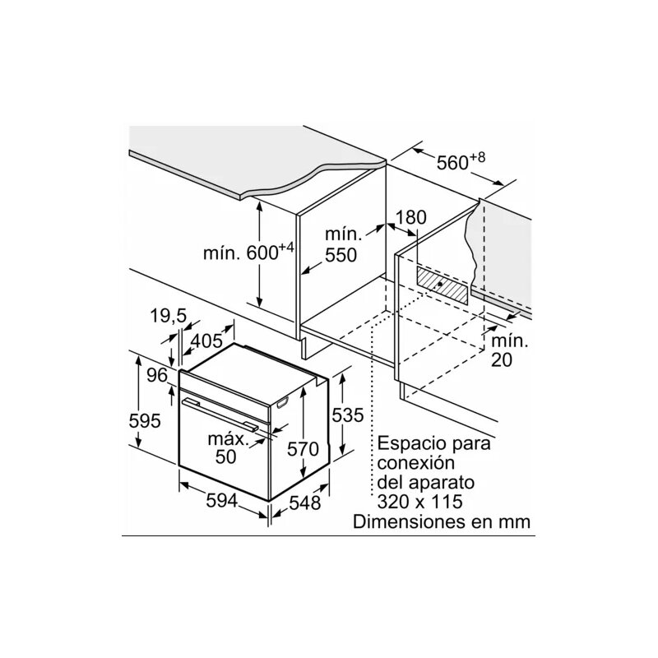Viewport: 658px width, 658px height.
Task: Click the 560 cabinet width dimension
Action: pyautogui.click(x=461, y=161)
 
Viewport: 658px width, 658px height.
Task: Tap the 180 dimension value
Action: pyautogui.click(x=410, y=217)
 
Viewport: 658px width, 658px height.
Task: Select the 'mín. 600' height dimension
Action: pyautogui.click(x=248, y=253)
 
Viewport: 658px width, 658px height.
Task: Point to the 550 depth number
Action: pyautogui.click(x=341, y=255)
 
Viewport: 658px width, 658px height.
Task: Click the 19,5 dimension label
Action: pyautogui.click(x=168, y=316)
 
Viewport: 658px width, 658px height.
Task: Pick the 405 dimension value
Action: pyautogui.click(x=207, y=341)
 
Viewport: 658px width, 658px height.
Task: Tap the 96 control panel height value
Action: pyautogui.click(x=157, y=375)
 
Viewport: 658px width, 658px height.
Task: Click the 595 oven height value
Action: pyautogui.click(x=145, y=420)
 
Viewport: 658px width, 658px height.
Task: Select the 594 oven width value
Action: pyautogui.click(x=222, y=500)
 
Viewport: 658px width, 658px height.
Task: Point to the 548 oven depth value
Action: pyautogui.click(x=305, y=503)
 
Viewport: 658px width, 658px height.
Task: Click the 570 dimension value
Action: pyautogui.click(x=303, y=449)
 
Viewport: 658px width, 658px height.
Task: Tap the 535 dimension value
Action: pyautogui.click(x=348, y=415)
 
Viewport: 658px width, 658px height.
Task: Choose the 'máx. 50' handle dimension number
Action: pyautogui.click(x=226, y=456)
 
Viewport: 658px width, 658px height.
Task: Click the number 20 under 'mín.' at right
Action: pyautogui.click(x=502, y=359)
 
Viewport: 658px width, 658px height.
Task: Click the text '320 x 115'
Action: pyautogui.click(x=420, y=501)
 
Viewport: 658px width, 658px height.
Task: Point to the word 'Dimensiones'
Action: pyautogui.click(x=405, y=521)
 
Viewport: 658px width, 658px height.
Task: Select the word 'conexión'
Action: pyautogui.click(x=416, y=463)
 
